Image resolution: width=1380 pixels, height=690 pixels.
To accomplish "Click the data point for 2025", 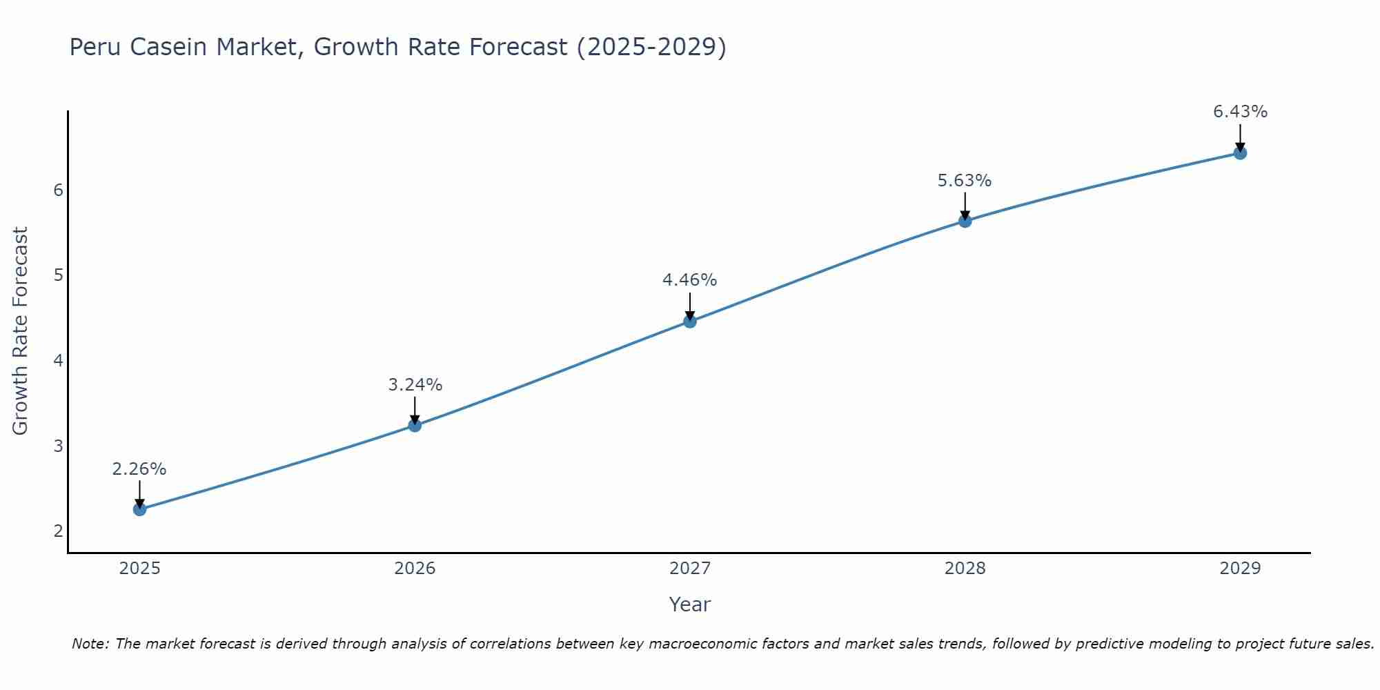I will pyautogui.click(x=139, y=509).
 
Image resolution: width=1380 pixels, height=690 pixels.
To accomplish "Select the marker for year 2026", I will pyautogui.click(x=415, y=425).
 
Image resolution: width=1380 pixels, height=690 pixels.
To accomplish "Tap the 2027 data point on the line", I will pyautogui.click(x=690, y=321).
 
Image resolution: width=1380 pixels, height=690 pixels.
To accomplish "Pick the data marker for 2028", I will pyautogui.click(x=965, y=221).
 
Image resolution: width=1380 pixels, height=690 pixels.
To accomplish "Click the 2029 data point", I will pyautogui.click(x=1240, y=152).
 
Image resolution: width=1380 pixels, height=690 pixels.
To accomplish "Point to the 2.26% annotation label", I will pyautogui.click(x=139, y=469).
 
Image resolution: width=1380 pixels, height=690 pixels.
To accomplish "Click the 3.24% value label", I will pyautogui.click(x=415, y=385).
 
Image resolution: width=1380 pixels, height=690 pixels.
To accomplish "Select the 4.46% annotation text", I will pyautogui.click(x=690, y=280).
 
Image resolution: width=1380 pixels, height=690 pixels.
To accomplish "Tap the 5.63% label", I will pyautogui.click(x=965, y=181).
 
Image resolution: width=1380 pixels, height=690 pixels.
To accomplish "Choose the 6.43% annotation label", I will pyautogui.click(x=1240, y=112).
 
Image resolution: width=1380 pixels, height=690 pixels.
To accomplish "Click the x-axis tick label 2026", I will pyautogui.click(x=415, y=569).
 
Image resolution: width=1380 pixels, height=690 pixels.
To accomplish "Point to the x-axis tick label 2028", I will pyautogui.click(x=965, y=569).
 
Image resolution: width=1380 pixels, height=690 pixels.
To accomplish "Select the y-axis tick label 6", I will pyautogui.click(x=59, y=190).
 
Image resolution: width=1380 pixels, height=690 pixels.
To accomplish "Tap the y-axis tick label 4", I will pyautogui.click(x=59, y=360).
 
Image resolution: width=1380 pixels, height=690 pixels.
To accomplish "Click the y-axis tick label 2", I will pyautogui.click(x=59, y=531).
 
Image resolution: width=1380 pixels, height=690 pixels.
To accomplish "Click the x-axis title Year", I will pyautogui.click(x=690, y=604).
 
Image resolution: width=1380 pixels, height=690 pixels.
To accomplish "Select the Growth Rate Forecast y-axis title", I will pyautogui.click(x=21, y=331).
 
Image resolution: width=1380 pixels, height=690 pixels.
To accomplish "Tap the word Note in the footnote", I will pyautogui.click(x=90, y=644).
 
